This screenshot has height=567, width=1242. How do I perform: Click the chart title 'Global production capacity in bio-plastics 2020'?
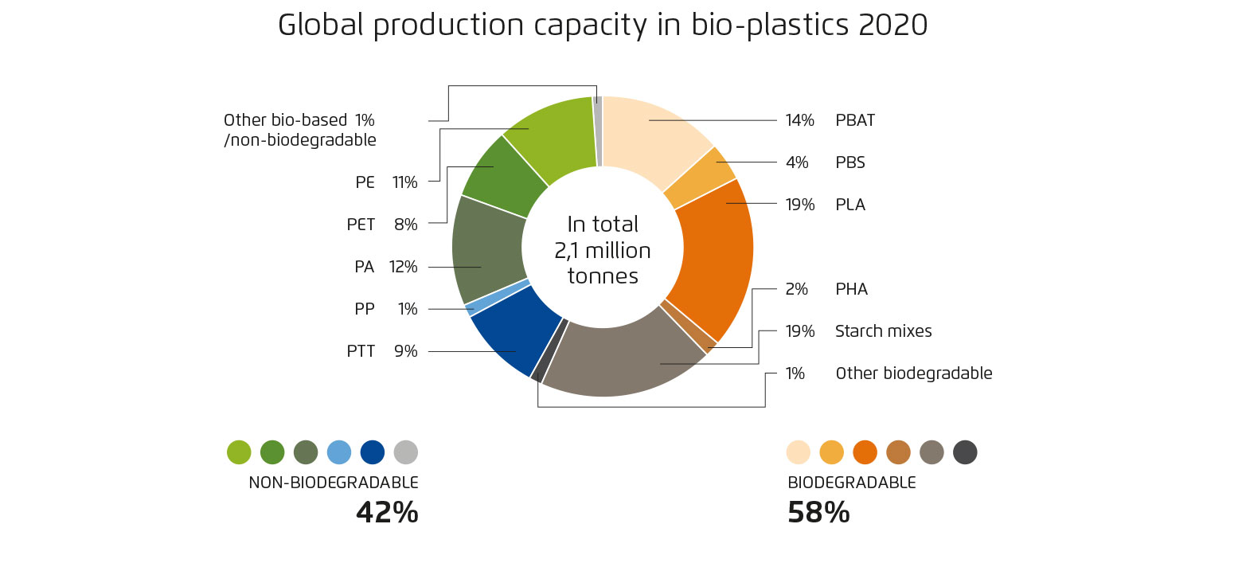coord(602,25)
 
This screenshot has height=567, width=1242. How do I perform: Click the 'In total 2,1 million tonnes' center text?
coord(602,250)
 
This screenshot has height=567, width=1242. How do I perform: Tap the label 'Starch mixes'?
coord(883,331)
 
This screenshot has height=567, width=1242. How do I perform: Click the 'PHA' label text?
coord(851,289)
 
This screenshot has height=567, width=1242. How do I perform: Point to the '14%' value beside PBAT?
coord(799,121)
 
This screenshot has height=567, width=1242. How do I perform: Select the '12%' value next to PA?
coord(403,267)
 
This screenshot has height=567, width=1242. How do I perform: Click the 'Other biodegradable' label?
coord(913,373)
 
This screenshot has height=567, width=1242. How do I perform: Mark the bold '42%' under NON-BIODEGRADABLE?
coord(387,513)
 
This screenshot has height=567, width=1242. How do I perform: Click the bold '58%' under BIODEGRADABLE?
coord(818,513)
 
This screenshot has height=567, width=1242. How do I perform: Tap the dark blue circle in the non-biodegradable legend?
coord(373,452)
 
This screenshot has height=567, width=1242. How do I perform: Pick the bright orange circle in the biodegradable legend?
coord(865,452)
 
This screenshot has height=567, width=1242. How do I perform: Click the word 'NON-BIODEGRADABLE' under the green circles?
coord(333,483)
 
